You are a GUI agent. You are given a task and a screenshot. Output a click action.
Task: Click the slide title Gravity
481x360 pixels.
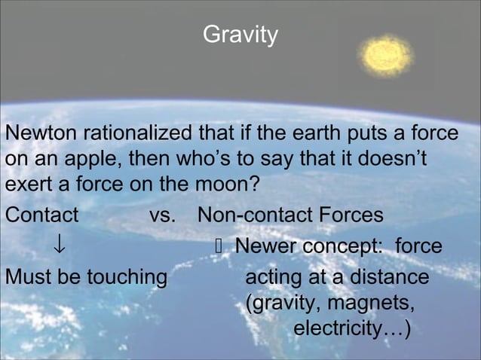click(x=240, y=35)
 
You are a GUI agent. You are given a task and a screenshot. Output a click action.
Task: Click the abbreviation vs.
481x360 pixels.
click(x=163, y=215)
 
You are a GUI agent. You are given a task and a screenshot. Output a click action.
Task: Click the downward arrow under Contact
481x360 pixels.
click(x=58, y=247)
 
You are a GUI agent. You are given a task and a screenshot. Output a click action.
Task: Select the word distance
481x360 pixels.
click(x=389, y=277)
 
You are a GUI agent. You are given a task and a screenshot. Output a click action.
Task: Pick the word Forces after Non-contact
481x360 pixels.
click(x=348, y=215)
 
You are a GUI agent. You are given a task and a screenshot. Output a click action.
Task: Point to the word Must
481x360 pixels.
click(x=29, y=277)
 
